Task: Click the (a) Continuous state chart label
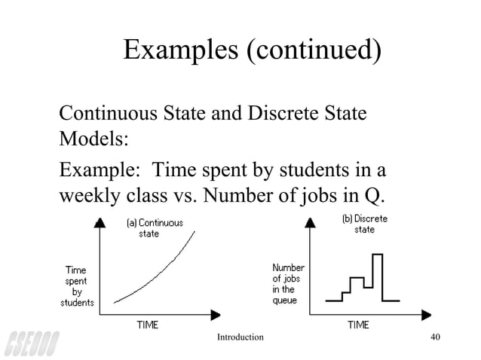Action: tap(154, 228)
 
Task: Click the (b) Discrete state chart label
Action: tap(364, 224)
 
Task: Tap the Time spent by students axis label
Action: tap(78, 285)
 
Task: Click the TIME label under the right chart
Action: tap(357, 325)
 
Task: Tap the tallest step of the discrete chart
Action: tap(378, 256)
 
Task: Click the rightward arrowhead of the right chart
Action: tap(429, 312)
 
